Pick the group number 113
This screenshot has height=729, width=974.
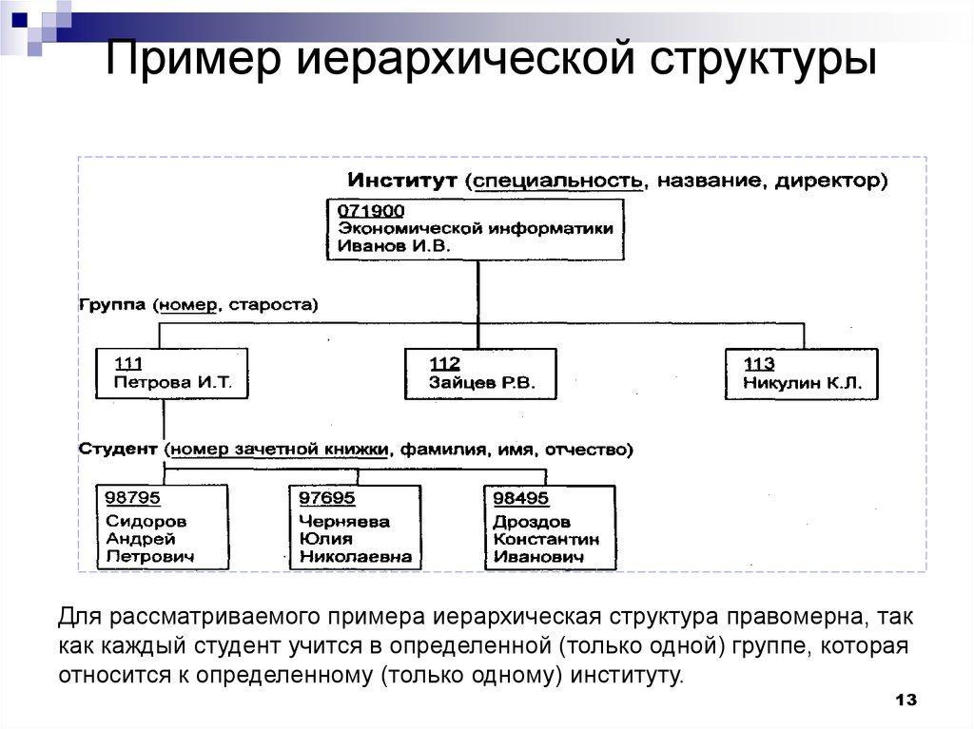coord(760,364)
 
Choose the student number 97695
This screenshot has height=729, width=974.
coord(326,498)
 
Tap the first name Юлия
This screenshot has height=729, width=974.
coord(322,539)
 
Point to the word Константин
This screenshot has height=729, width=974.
coord(545,539)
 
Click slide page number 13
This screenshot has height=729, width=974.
coord(906,700)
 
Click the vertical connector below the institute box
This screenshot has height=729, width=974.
coord(477,291)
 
